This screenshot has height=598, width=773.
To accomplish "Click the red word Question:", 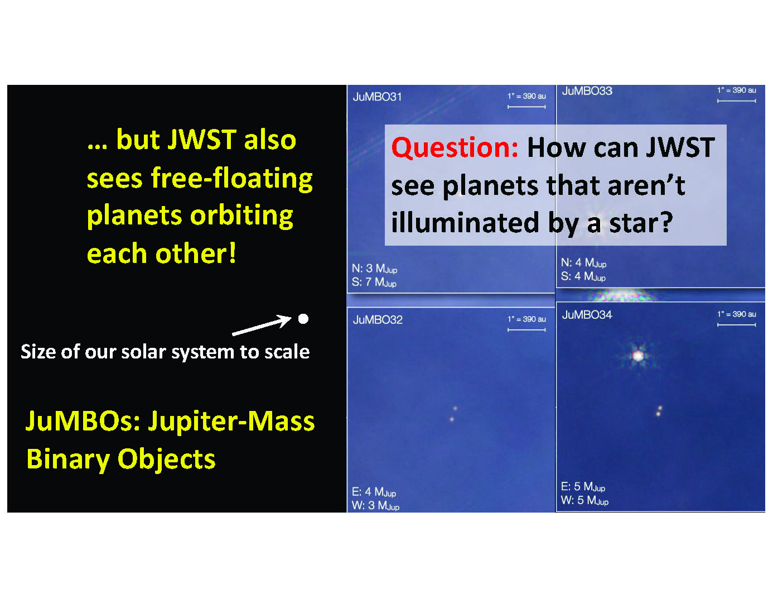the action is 455,147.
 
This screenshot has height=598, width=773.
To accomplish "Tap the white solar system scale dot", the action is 303,319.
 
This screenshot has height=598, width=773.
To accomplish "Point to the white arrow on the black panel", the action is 262,325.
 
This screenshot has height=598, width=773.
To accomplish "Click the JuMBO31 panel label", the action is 377,97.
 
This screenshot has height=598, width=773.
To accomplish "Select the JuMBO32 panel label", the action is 378,320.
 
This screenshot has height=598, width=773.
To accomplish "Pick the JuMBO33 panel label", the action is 587,91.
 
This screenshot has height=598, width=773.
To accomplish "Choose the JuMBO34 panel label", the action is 587,315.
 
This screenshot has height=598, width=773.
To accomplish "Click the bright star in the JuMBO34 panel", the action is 638,356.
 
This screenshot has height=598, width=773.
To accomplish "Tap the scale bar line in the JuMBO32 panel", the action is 526,330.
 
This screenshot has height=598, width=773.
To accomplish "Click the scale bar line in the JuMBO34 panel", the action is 736,325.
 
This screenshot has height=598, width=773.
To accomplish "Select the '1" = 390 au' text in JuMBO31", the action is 526,96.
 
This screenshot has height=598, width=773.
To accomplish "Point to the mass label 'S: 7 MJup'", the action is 374,283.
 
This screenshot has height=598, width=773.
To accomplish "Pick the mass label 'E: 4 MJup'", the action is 374,492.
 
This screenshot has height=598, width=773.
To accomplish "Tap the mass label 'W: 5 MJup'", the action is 584,500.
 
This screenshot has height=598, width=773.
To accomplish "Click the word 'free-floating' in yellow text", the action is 231,178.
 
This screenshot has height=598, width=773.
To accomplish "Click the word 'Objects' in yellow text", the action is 166,460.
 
